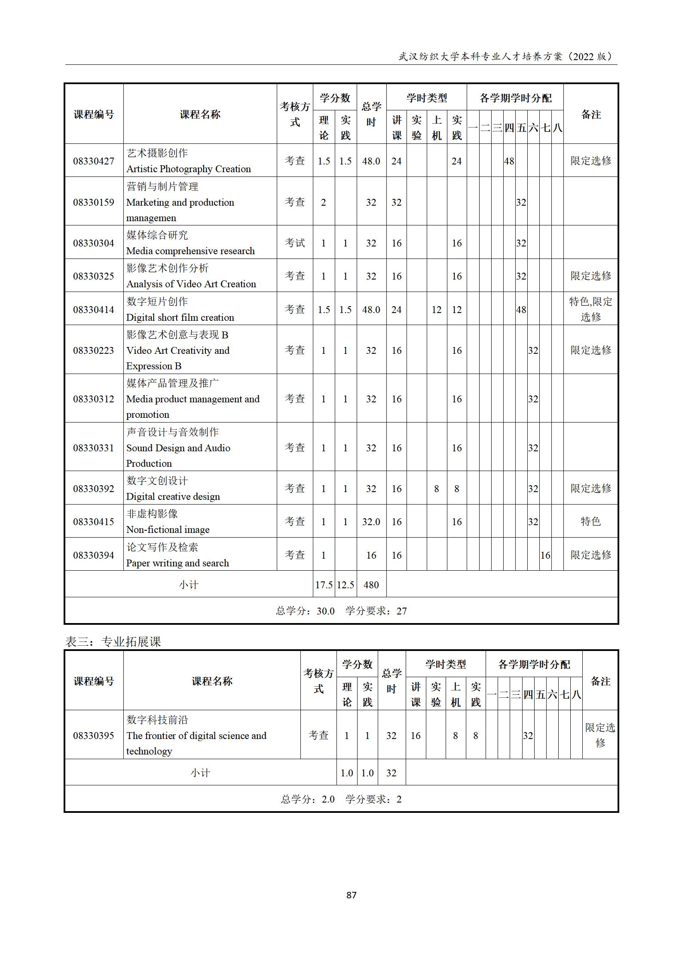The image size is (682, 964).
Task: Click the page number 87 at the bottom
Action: click(x=351, y=895)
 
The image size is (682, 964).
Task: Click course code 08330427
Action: click(x=94, y=161)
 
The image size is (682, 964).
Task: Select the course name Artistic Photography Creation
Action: click(x=188, y=169)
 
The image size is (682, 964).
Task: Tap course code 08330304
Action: click(x=94, y=243)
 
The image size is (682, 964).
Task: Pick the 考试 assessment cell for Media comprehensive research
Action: click(x=295, y=243)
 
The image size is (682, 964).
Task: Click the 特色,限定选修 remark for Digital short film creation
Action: click(x=590, y=309)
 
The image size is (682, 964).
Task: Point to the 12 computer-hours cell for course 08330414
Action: click(x=436, y=310)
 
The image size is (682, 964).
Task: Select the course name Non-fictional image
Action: click(x=168, y=529)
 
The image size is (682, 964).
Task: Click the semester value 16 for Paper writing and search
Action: click(x=545, y=555)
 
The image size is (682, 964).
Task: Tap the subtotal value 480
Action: click(x=371, y=585)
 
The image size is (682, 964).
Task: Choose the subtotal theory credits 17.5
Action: click(x=324, y=585)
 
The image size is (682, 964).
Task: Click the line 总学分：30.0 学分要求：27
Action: click(x=341, y=611)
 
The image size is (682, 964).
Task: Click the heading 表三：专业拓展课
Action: click(x=113, y=642)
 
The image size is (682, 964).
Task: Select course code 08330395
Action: click(x=94, y=736)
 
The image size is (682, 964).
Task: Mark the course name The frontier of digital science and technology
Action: click(x=196, y=736)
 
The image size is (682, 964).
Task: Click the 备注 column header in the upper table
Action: click(x=590, y=114)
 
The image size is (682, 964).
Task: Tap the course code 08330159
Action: click(x=94, y=202)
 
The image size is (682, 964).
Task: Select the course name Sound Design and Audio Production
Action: click(x=178, y=448)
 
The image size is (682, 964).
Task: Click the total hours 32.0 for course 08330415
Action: click(x=371, y=522)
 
